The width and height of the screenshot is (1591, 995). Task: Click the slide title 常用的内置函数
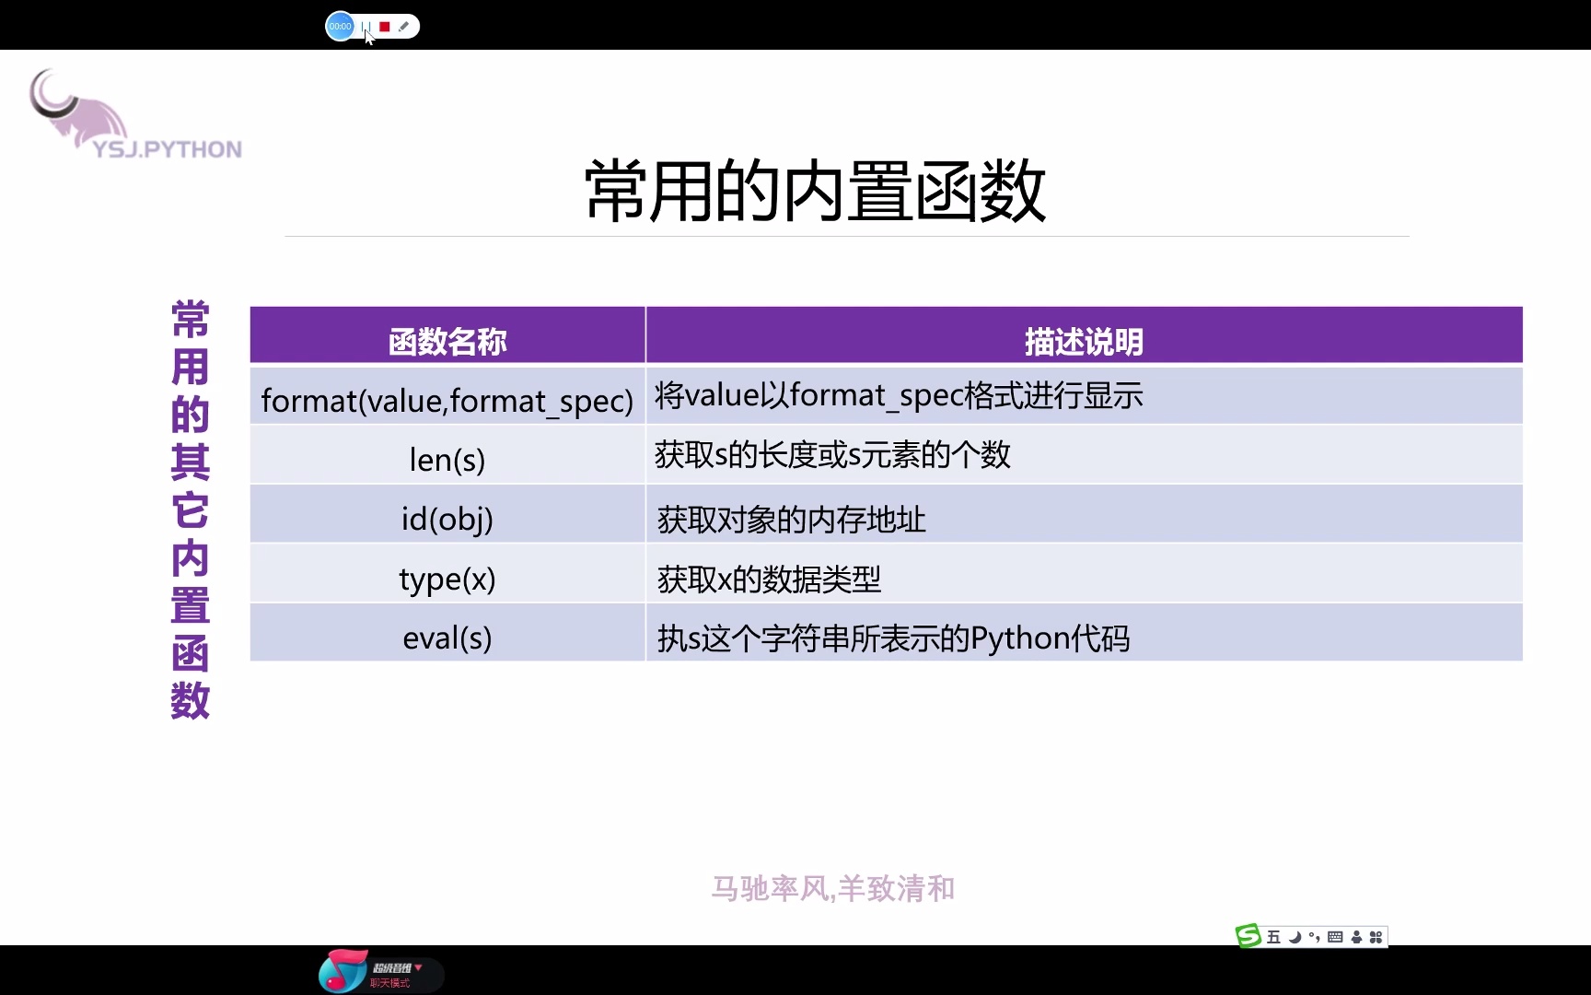(x=815, y=192)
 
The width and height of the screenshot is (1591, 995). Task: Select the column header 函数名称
(x=447, y=342)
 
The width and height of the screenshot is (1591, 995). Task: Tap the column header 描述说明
(x=1084, y=342)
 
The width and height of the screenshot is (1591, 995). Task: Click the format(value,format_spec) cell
(x=447, y=401)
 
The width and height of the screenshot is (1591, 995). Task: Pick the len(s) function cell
(x=447, y=459)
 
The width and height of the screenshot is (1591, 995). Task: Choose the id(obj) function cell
(x=447, y=519)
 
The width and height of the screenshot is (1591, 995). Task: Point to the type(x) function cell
(x=447, y=579)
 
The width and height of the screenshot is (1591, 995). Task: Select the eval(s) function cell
(x=447, y=638)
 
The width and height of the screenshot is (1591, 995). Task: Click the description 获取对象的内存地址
(x=791, y=520)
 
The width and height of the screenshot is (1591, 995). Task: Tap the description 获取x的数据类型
(x=769, y=579)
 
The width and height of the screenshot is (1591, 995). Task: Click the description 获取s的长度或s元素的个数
(x=832, y=455)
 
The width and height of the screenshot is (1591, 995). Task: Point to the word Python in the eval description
(x=1018, y=638)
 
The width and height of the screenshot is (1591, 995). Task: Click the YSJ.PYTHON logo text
(x=168, y=149)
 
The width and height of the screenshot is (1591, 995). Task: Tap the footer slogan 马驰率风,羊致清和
(x=832, y=888)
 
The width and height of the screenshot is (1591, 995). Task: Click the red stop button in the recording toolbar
(x=385, y=27)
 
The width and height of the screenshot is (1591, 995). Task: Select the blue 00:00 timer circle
(x=340, y=27)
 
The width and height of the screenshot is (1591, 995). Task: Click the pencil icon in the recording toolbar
(x=403, y=27)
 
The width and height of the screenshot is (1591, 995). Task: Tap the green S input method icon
(x=1248, y=936)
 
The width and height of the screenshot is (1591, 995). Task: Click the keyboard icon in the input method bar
(x=1335, y=937)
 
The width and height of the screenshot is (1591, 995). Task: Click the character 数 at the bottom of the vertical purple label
(x=191, y=700)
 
